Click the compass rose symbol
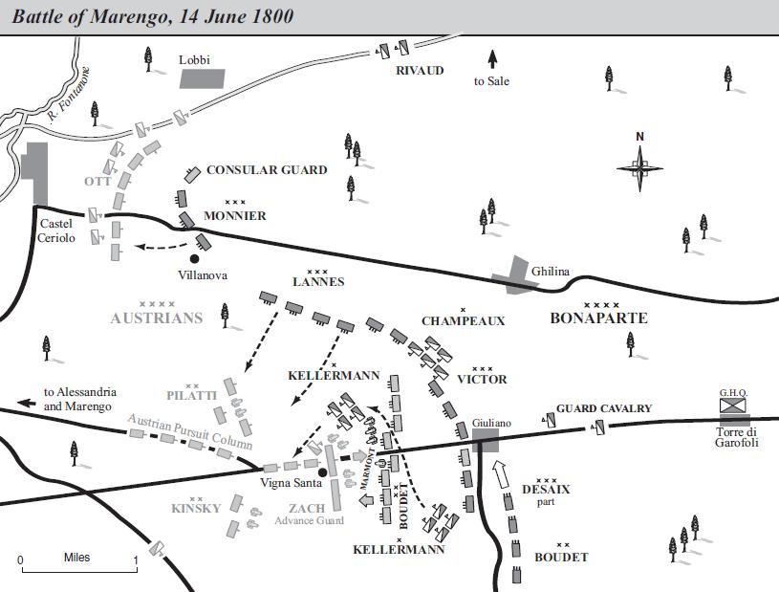point(639,169)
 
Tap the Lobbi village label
point(194,59)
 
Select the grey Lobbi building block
point(205,79)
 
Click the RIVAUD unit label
point(420,71)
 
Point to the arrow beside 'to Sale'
point(493,57)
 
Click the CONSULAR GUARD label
point(267,170)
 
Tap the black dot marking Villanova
point(195,257)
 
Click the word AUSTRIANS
point(158,318)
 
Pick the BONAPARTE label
point(598,318)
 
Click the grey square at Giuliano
point(485,439)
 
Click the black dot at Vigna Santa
point(323,472)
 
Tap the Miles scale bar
point(78,571)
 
